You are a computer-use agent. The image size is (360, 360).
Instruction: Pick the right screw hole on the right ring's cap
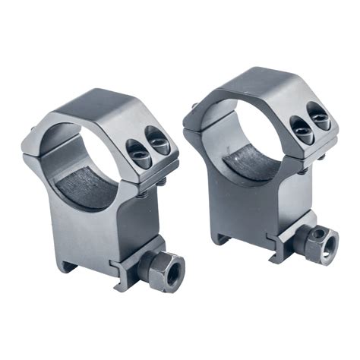coord(320,118)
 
